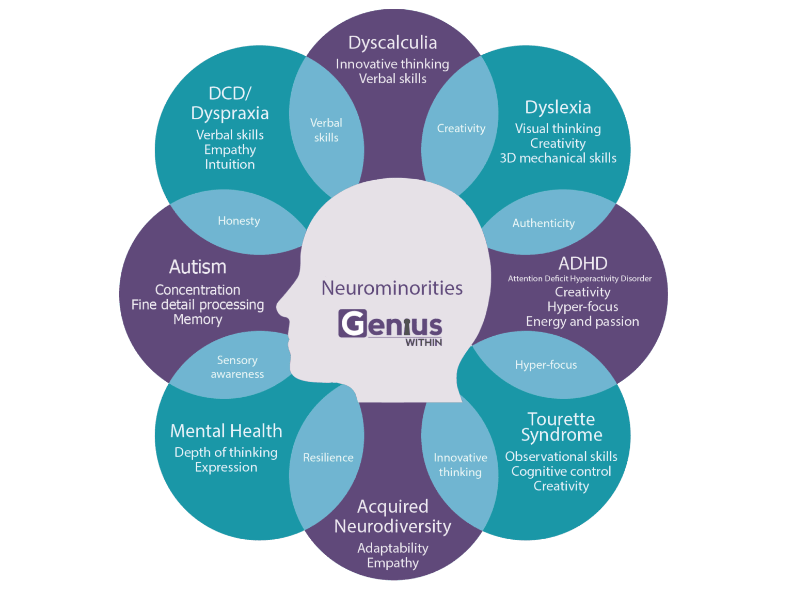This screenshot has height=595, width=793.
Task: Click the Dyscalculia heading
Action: [x=392, y=43]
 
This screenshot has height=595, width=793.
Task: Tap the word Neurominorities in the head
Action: [x=392, y=288]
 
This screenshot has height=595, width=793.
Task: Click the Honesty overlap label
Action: [x=239, y=221]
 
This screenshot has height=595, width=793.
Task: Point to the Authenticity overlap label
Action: [x=543, y=223]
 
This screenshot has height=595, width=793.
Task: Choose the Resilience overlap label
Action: [x=328, y=458]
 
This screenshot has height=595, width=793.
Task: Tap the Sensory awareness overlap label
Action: [x=237, y=367]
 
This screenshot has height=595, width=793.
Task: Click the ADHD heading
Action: [x=582, y=263]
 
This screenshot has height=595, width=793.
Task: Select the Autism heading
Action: [x=198, y=267]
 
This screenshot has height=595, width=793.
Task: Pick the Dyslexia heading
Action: [x=558, y=107]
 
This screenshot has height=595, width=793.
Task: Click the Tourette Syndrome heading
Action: [x=561, y=427]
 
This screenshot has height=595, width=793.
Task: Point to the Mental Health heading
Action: [x=226, y=431]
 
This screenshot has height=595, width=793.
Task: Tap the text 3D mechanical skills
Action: [x=558, y=158]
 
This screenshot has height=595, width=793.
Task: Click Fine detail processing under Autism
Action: [x=198, y=305]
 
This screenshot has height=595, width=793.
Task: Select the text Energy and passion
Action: [x=582, y=322]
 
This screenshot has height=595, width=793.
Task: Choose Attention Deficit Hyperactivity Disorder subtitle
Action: [x=579, y=279]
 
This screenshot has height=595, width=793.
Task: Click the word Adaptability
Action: [x=392, y=548]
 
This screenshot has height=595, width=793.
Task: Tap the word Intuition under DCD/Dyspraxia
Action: [x=230, y=165]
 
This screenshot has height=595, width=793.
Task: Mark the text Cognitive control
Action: [x=561, y=472]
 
